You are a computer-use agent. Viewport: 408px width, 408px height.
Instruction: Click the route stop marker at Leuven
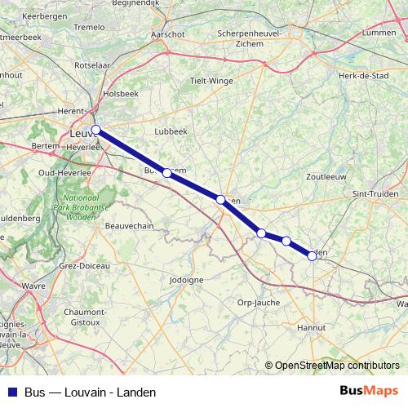[96, 130]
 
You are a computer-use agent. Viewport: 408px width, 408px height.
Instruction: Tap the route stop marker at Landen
[312, 255]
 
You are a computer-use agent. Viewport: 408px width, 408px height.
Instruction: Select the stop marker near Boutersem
[166, 173]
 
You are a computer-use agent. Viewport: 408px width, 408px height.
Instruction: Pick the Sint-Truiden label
[375, 193]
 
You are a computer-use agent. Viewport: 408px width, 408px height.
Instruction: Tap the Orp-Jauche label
[258, 302]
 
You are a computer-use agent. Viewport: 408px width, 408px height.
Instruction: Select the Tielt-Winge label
[211, 81]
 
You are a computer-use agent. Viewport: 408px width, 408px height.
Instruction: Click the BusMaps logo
[368, 391]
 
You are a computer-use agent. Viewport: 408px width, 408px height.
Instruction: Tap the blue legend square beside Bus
[12, 392]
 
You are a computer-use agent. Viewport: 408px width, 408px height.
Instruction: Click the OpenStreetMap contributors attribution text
[337, 366]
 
